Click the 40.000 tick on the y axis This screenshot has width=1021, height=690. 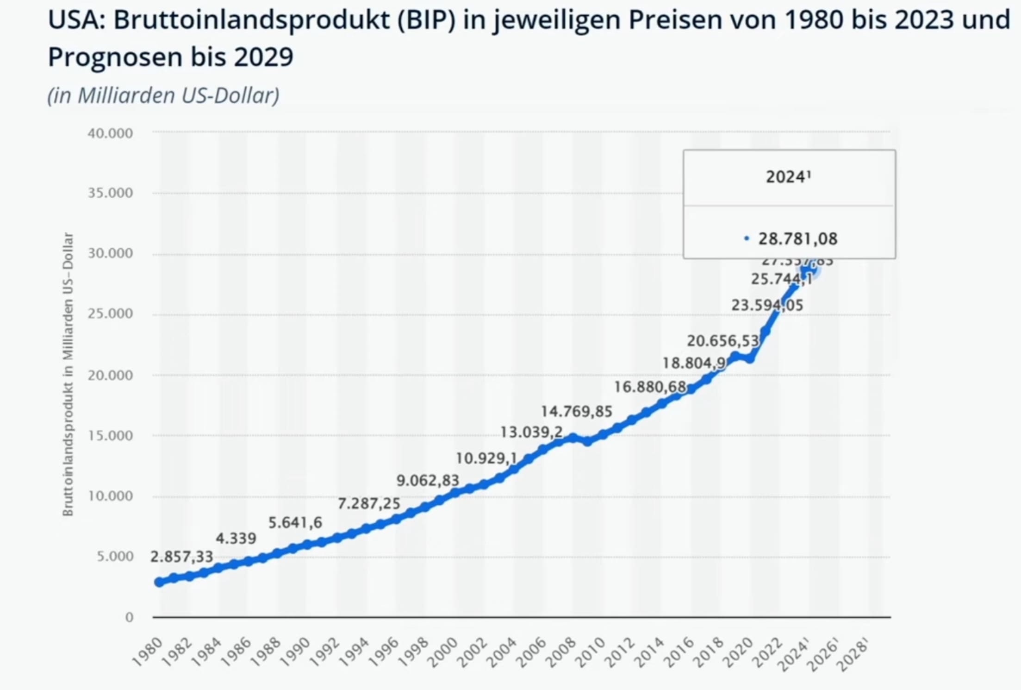tap(110, 133)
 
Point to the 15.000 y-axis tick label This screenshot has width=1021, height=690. tap(110, 436)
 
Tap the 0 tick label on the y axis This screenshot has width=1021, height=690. tap(129, 617)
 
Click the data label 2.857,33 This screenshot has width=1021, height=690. tap(181, 557)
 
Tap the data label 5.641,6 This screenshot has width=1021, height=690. tap(295, 523)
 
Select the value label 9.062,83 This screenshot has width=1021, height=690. tap(428, 481)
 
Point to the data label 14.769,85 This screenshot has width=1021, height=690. tap(576, 411)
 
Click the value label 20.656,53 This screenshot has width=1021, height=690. tap(722, 341)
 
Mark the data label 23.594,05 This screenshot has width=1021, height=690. tap(767, 306)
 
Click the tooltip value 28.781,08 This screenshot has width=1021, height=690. tap(797, 239)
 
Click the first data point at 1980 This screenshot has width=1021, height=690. tap(159, 582)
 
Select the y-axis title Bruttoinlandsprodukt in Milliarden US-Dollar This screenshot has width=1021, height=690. tap(68, 374)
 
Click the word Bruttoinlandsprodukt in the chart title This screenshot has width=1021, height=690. tap(251, 20)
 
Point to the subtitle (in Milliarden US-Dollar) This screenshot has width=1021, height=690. tap(163, 95)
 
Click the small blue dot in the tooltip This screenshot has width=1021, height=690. tap(746, 238)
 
